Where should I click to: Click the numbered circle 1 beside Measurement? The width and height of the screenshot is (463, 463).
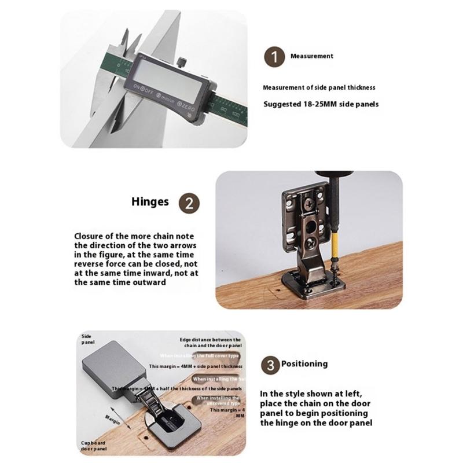coord(274,57)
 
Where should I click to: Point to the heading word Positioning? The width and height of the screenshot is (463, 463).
coord(304,364)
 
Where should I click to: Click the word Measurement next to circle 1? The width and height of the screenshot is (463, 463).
coord(311,56)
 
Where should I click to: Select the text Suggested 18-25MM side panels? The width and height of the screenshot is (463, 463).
coord(321,104)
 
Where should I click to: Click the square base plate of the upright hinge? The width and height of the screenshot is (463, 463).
coord(313,284)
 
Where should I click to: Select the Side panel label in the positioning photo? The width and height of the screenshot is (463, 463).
coord(87,339)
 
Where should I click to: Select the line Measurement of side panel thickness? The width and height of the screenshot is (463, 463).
coord(319,87)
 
